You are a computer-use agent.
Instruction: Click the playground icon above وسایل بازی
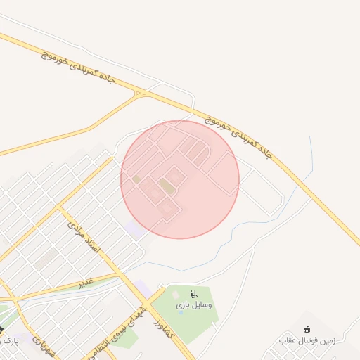(194, 294)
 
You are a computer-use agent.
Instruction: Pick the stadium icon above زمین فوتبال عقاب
(307, 328)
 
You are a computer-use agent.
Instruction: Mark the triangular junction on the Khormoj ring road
(143, 92)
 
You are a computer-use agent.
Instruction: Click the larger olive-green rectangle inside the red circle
(167, 186)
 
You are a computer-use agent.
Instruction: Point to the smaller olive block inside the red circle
(136, 179)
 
